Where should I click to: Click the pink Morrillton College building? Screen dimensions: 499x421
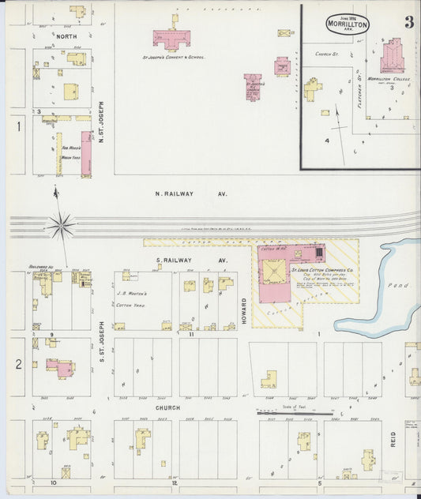click(391, 57)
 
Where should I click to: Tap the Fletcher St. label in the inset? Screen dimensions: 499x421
click(358, 94)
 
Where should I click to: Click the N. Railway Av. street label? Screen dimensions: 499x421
click(190, 193)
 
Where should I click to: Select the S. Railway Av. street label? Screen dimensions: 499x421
click(191, 260)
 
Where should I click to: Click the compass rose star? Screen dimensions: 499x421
click(61, 226)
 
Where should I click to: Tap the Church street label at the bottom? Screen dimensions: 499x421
click(168, 407)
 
